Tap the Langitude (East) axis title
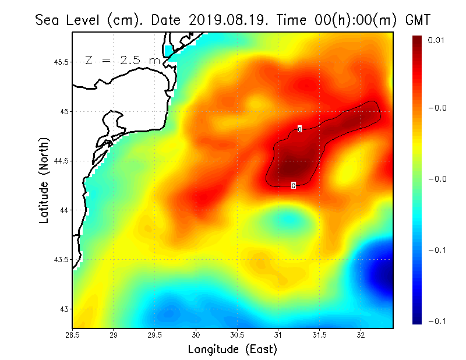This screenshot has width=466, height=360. pyautogui.click(x=232, y=349)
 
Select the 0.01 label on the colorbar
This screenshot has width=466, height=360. pyautogui.click(x=437, y=40)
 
